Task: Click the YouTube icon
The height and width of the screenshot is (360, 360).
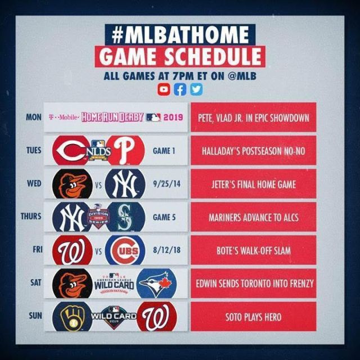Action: [x=164, y=89]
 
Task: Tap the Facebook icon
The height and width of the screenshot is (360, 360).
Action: [x=180, y=89]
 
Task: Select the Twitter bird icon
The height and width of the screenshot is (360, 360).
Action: [x=196, y=89]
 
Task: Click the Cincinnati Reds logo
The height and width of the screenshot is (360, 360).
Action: [x=71, y=150]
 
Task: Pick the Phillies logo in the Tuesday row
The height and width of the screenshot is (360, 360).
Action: [x=125, y=150]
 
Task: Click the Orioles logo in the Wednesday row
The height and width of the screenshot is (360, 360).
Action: [x=73, y=184]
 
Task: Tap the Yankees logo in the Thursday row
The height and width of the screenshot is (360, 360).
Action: [x=71, y=217]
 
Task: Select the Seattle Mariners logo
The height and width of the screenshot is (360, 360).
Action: [x=125, y=217]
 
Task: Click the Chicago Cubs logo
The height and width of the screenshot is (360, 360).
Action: [x=125, y=250]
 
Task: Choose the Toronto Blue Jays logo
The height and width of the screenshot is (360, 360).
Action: [x=156, y=283]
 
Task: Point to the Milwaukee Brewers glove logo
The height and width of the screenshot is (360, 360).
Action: [x=73, y=317]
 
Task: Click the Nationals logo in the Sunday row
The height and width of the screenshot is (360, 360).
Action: [x=156, y=317]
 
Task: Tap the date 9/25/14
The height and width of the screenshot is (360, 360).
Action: [x=166, y=184]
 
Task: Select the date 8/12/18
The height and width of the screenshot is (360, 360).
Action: [x=166, y=250]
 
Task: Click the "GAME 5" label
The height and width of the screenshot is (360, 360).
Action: [x=164, y=217]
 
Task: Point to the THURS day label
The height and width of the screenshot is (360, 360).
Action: [x=31, y=216]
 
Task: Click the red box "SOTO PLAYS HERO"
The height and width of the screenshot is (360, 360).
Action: [x=254, y=317]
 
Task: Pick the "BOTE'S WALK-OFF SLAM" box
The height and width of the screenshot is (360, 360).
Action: [x=254, y=250]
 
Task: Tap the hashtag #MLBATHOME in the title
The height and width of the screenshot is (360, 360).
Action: [x=180, y=35]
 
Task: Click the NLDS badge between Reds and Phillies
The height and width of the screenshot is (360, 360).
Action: [x=99, y=150]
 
